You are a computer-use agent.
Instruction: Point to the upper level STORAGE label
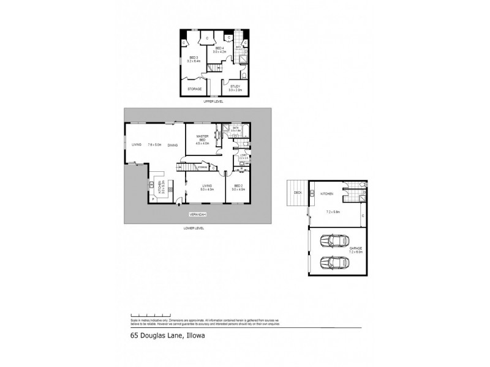[x=194, y=89]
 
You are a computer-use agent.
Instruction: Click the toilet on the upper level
[x=243, y=75]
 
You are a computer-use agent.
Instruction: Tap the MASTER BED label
[x=203, y=138]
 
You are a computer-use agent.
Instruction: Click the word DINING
[x=173, y=145]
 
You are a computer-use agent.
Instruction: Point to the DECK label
[x=298, y=192]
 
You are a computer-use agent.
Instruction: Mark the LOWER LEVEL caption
[x=194, y=228]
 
